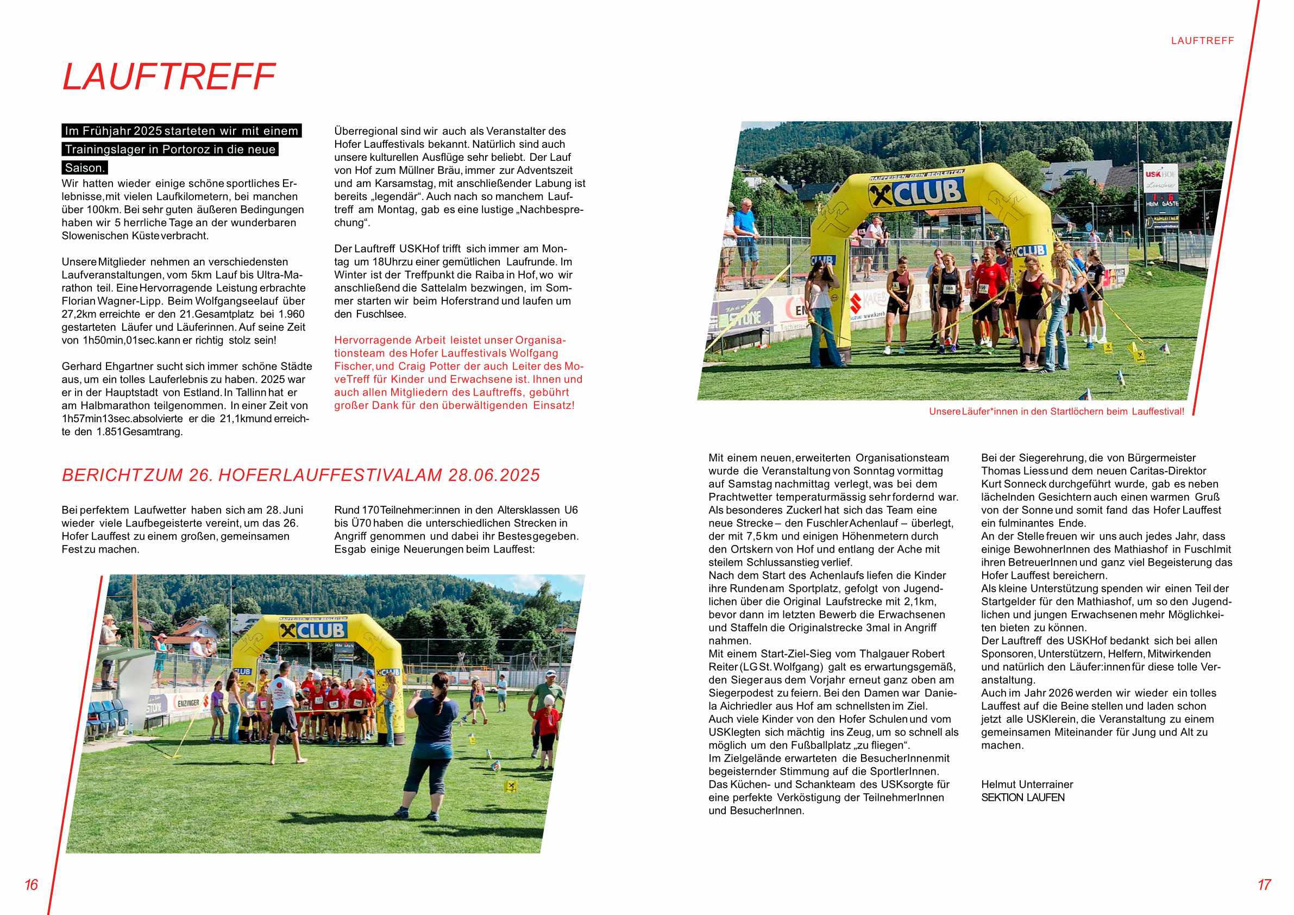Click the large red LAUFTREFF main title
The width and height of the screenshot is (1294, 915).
pos(168,77)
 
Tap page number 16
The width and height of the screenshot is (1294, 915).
pos(31,884)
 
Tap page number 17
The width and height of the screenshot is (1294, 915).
pos(1264,884)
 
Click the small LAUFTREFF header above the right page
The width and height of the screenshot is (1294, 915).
pos(1202,41)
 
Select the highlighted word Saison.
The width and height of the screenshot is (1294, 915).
pos(85,167)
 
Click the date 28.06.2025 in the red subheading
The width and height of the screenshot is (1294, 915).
pos(494,475)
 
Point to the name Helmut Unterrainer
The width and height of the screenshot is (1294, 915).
pos(1027,784)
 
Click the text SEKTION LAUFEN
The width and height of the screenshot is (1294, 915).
pos(1023,797)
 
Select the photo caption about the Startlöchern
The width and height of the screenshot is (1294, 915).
pos(1056,411)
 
